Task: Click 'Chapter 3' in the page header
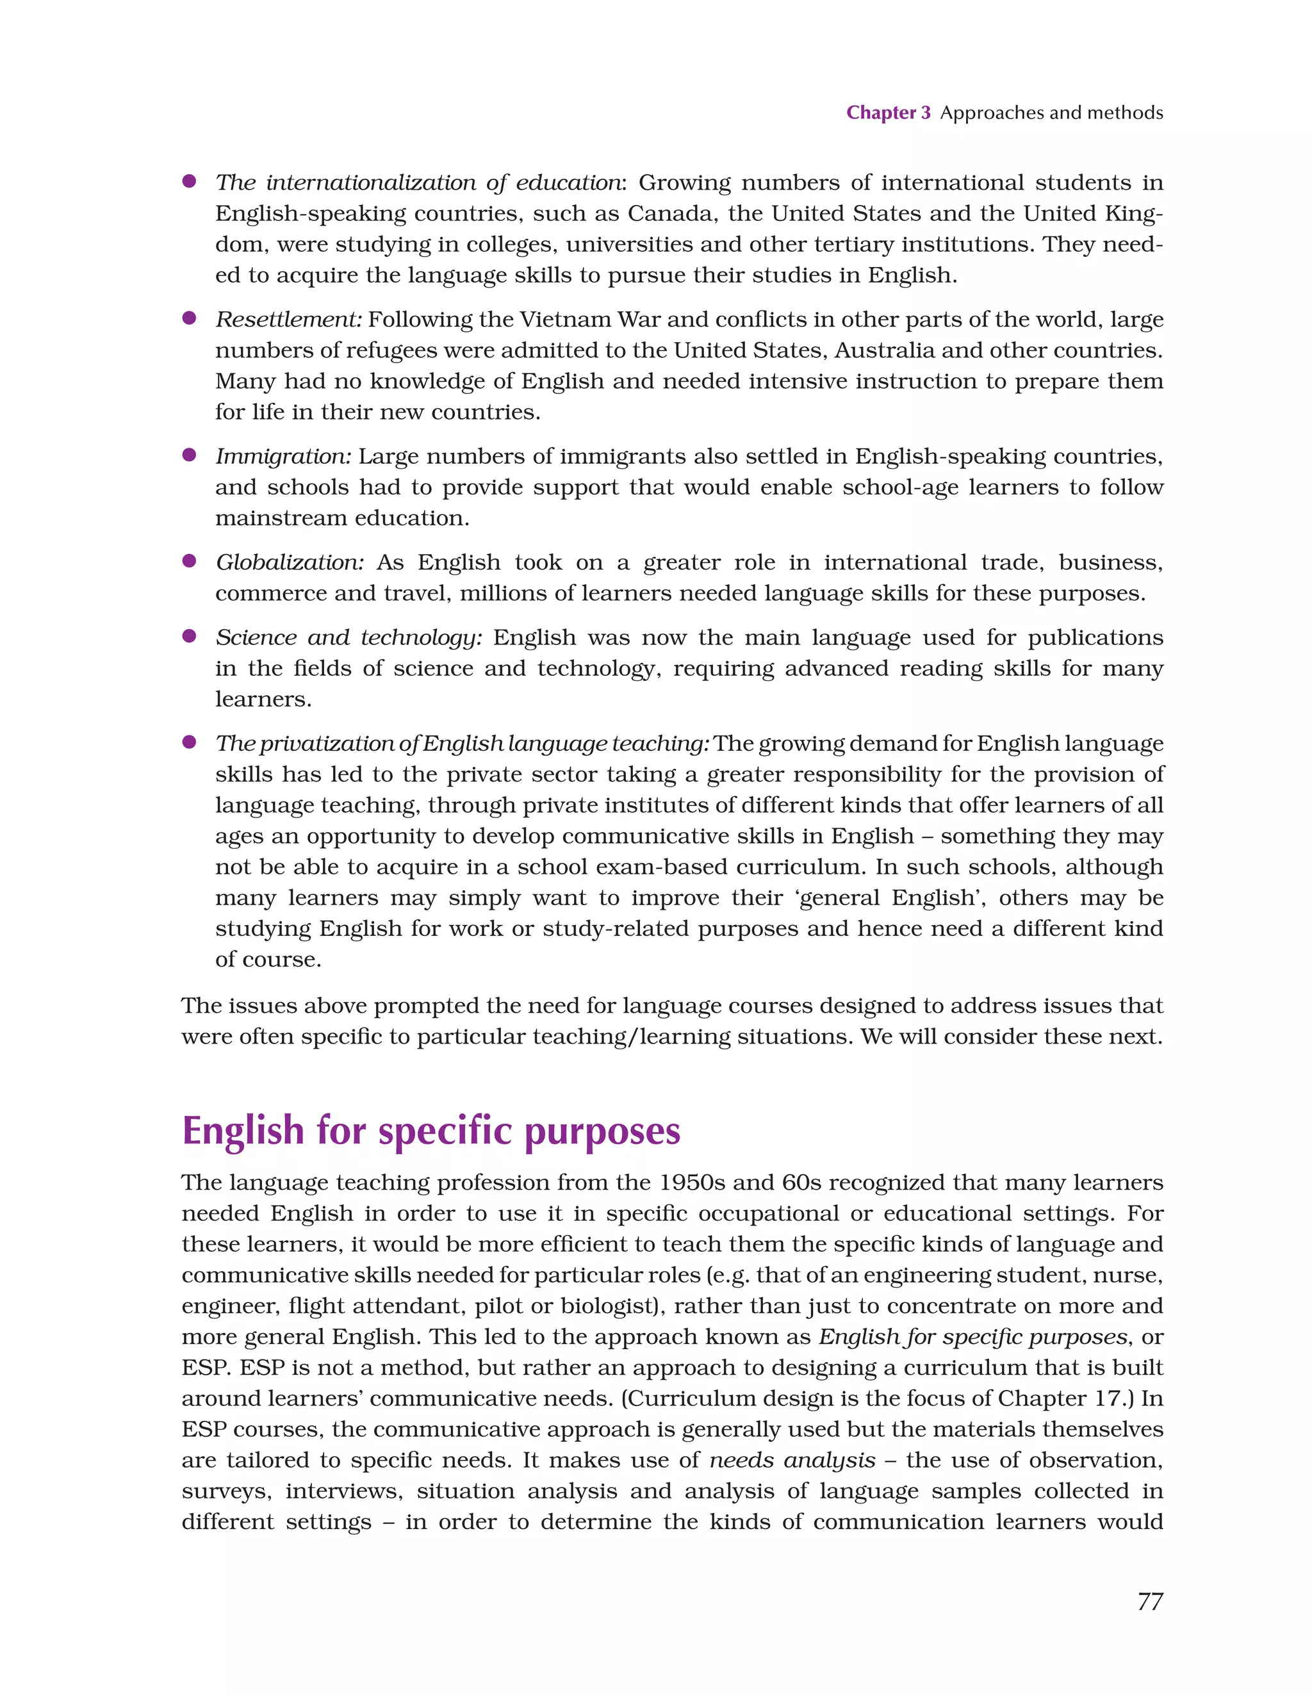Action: (x=887, y=113)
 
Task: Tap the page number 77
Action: (x=1150, y=1602)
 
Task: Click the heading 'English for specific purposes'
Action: (x=431, y=1131)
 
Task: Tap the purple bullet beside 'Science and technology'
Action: (x=188, y=636)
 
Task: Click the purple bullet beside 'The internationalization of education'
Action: (x=188, y=182)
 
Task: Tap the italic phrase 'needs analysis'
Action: (x=792, y=1460)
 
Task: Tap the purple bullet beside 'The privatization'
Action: (x=188, y=742)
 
